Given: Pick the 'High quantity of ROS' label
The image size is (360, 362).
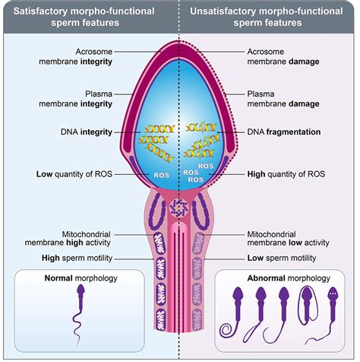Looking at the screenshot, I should click(x=283, y=173).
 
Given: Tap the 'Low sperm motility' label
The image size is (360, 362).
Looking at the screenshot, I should click(x=280, y=258).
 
